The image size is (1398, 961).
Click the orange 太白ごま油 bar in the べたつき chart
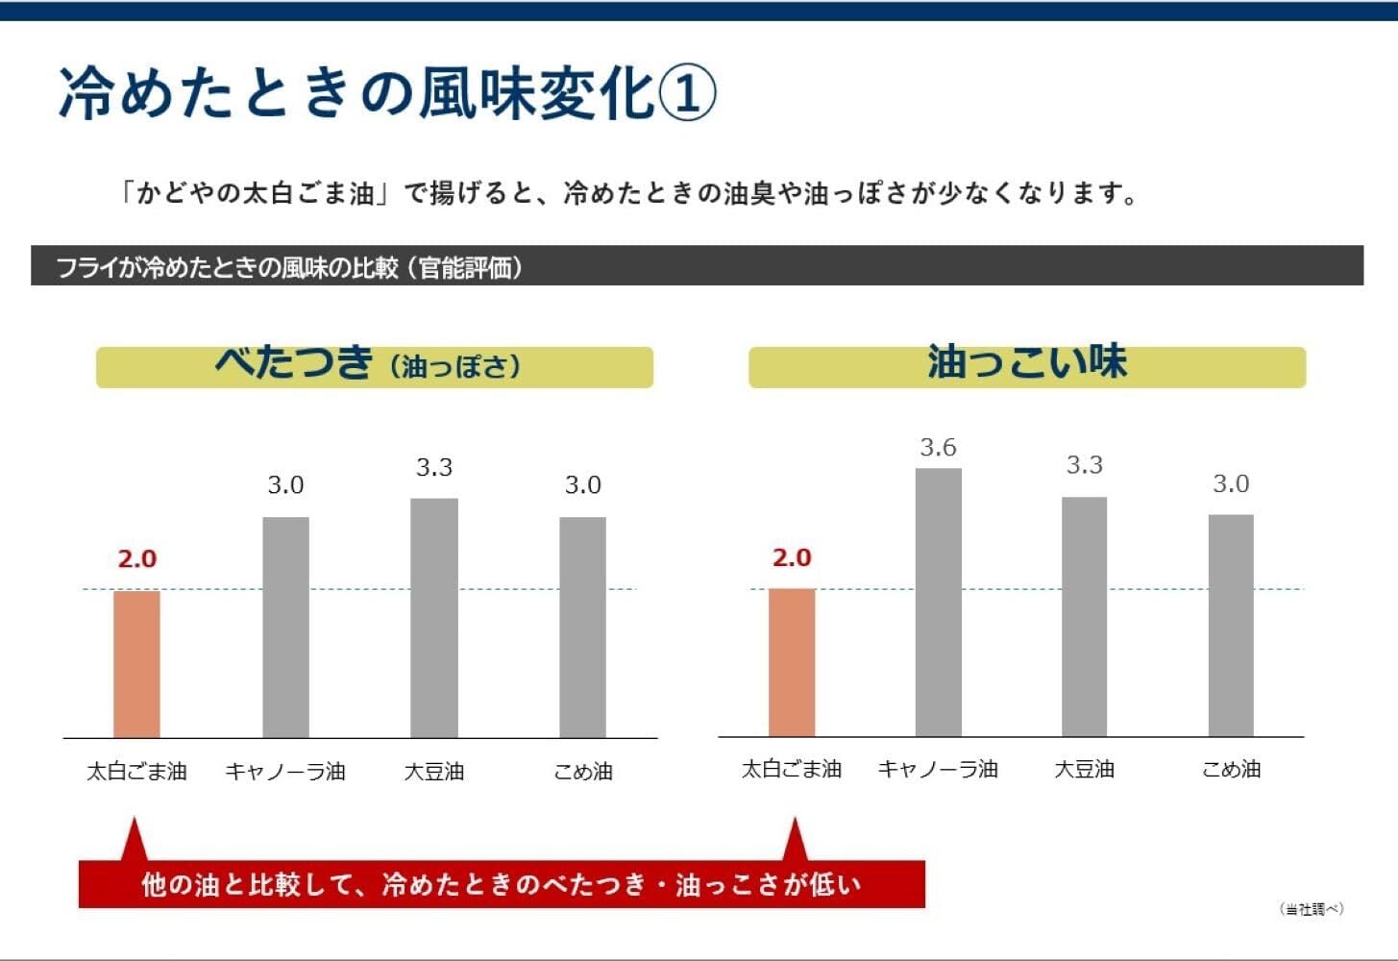[136, 664]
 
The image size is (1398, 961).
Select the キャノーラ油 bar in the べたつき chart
[285, 628]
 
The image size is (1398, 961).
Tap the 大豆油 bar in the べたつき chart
[434, 618]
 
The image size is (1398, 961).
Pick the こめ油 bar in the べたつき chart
[582, 628]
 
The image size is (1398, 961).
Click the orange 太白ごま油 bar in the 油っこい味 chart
[792, 662]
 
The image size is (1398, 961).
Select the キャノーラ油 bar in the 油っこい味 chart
[938, 603]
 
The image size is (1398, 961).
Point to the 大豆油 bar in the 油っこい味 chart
[1084, 617]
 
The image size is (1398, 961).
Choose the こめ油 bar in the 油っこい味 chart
[1231, 626]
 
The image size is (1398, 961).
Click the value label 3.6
[938, 447]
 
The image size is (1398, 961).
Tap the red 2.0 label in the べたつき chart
[136, 558]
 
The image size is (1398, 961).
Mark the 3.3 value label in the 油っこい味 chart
[1084, 465]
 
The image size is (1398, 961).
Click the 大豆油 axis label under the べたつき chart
[434, 771]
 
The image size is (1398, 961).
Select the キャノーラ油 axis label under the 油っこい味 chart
[938, 769]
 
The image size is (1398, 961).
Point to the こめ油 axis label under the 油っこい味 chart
[1231, 769]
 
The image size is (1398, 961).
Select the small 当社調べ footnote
[1312, 909]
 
